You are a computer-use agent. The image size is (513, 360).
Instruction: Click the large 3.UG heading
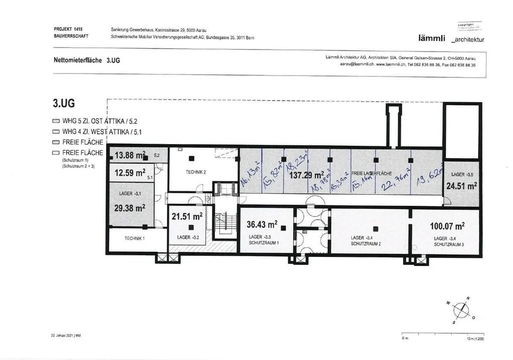point(64,104)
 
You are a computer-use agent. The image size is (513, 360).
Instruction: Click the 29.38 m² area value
point(130,208)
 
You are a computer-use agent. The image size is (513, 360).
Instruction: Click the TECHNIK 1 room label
point(135,238)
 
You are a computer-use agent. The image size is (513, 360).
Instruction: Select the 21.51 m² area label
point(187,216)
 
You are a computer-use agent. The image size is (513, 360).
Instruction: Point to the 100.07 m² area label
point(447,226)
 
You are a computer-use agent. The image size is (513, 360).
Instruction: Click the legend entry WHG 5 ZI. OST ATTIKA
point(88,122)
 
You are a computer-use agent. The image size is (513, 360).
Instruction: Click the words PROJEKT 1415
point(68,30)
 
